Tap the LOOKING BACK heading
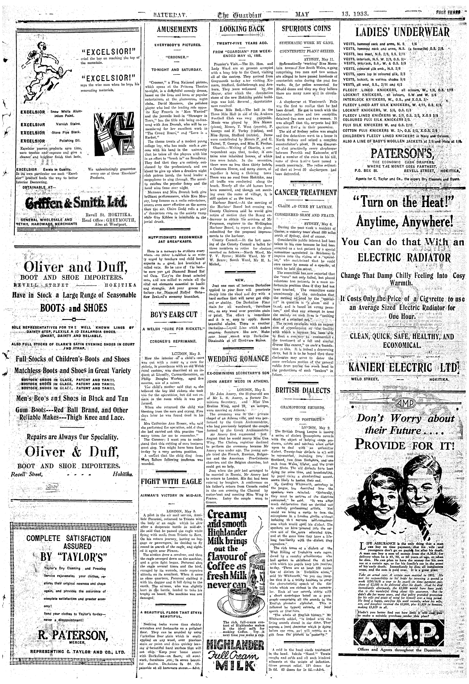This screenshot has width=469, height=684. [x=242, y=29]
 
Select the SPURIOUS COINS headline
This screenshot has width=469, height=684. [x=306, y=29]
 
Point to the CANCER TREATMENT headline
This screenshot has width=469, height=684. [x=306, y=193]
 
